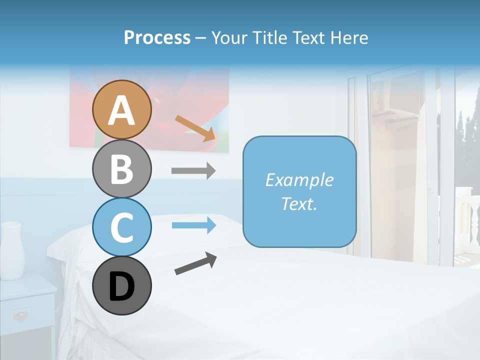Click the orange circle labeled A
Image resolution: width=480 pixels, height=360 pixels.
pos(121,110)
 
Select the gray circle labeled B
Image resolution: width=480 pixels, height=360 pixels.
pos(121,169)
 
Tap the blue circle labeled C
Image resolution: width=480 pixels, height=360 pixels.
pos(121,227)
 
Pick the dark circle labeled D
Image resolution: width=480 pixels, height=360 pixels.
pos(121,286)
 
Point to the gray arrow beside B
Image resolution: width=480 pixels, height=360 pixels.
pos(193,171)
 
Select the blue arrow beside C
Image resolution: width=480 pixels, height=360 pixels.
pos(193,225)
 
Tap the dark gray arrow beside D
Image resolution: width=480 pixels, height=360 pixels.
pos(195,263)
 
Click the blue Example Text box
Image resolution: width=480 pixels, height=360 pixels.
pos(299,192)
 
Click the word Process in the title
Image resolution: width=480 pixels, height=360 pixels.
pos(157,37)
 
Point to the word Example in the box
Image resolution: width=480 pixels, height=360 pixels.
pos(299,180)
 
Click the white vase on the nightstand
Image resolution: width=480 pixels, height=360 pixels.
pos(12,250)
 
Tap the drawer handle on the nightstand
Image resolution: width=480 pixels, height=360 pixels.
pos(20,315)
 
